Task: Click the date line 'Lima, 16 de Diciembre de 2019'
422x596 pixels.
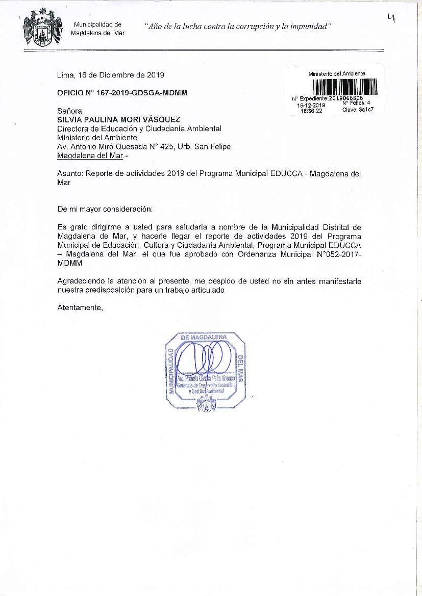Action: coord(110,75)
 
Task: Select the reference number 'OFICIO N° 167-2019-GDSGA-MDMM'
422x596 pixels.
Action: coord(122,93)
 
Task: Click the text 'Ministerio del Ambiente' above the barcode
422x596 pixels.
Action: coord(337,74)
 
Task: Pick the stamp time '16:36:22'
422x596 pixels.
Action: coord(311,110)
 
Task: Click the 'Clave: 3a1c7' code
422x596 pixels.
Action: coord(359,110)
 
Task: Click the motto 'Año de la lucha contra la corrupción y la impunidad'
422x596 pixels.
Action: coord(238,26)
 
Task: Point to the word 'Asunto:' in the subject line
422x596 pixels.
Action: coord(70,173)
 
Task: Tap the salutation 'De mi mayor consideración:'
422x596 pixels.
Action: coord(105,209)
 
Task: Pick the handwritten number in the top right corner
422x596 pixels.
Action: coord(391,19)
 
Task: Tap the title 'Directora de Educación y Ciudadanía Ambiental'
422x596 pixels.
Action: coord(139,128)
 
